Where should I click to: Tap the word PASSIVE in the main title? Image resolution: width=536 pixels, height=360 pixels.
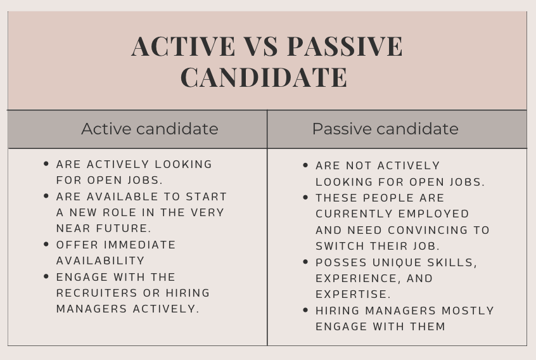(345, 46)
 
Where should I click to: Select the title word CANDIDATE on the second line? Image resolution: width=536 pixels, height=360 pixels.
(264, 77)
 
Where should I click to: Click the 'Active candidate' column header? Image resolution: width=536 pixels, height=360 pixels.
(150, 129)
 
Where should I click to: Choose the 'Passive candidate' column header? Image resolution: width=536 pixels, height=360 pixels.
(385, 129)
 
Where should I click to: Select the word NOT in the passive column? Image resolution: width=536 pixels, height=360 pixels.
(359, 165)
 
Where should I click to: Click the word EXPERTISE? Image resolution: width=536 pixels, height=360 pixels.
(352, 294)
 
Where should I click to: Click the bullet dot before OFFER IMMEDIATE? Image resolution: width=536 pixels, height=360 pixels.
(46, 244)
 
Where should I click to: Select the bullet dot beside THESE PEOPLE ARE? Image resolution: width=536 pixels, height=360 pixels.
(305, 197)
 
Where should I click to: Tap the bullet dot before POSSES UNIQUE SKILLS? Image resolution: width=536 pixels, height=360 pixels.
(305, 262)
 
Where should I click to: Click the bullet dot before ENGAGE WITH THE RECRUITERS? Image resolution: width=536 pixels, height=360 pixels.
(46, 276)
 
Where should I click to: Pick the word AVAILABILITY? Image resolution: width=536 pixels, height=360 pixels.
(100, 260)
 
